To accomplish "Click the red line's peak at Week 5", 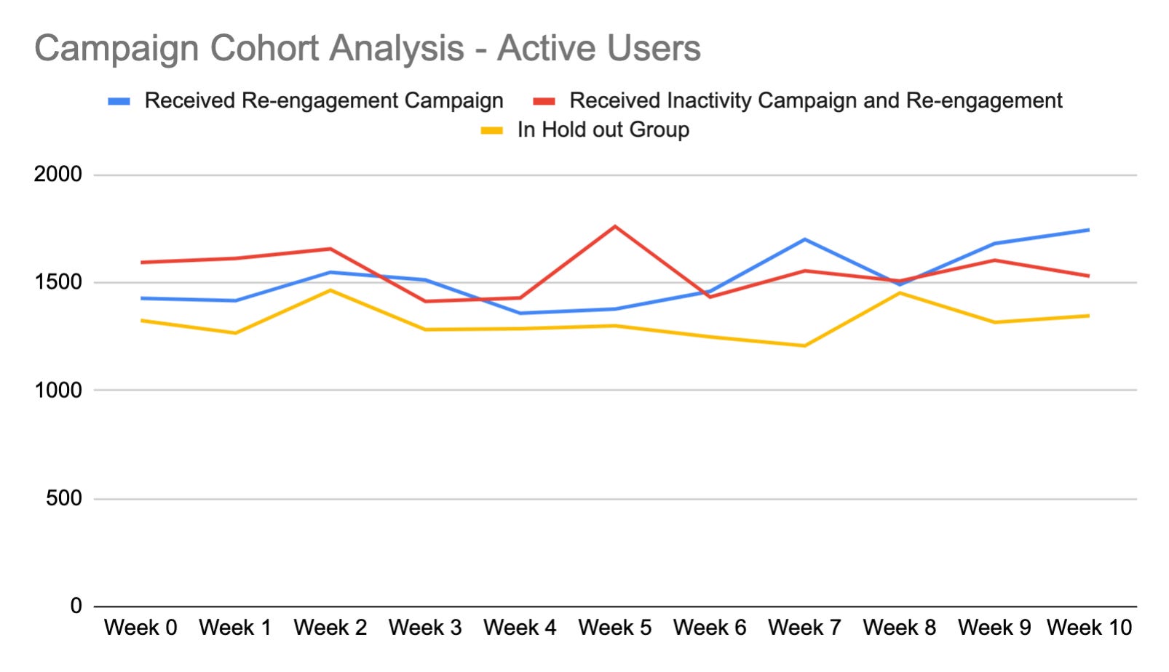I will pos(615,226).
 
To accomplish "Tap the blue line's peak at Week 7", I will pos(804,239).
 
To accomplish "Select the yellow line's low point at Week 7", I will pos(804,345).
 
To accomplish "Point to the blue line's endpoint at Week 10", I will pos(1089,230).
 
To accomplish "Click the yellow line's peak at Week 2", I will pos(330,290).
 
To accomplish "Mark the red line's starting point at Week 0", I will pos(141,263).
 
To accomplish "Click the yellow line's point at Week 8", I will pos(900,293).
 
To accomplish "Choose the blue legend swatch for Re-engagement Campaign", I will pos(119,101).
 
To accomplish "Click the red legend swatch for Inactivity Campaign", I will pos(544,101).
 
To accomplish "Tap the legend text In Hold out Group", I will pos(603,130).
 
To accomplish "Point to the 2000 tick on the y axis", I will pos(58,175).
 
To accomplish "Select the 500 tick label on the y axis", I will pos(63,499).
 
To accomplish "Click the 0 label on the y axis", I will pos(76,607).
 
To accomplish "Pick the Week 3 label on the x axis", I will pos(425,628).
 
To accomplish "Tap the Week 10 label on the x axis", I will pos(1089,628).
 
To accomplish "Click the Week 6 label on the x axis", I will pos(710,628).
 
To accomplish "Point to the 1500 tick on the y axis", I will pos(58,282).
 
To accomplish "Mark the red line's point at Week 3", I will pos(425,301).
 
